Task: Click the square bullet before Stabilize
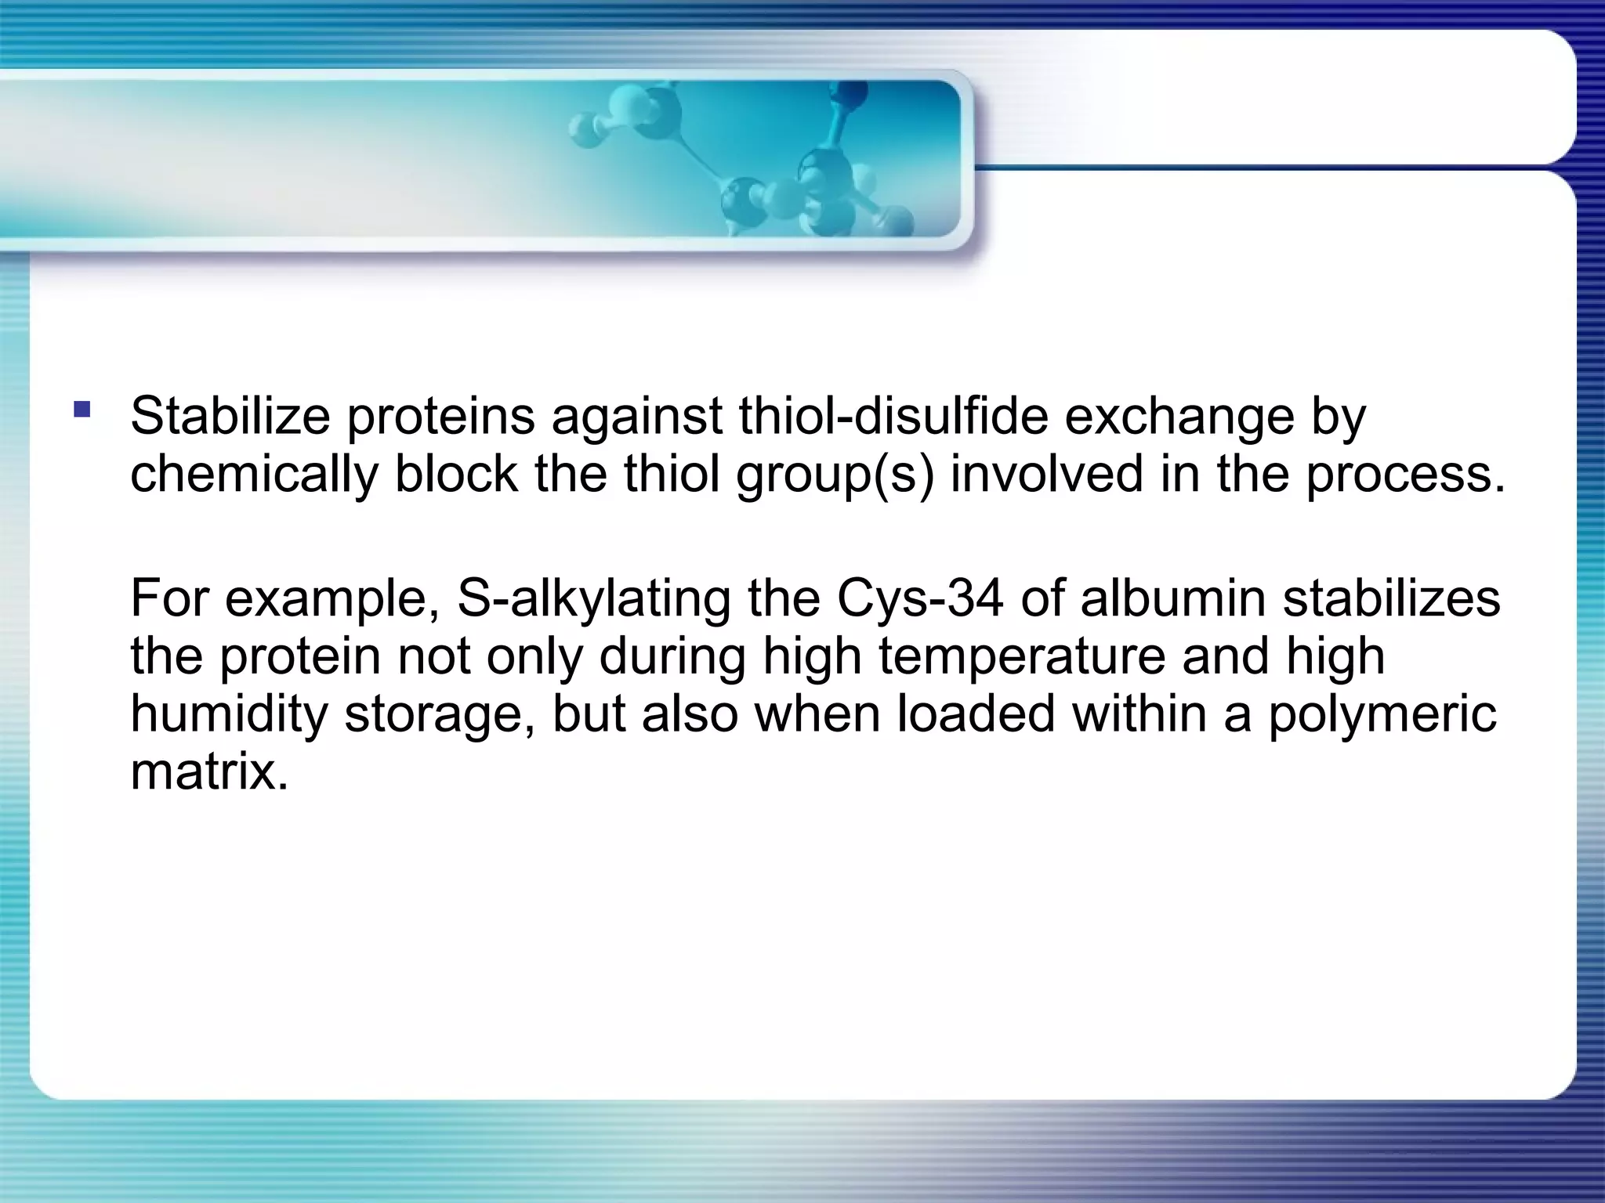coord(82,409)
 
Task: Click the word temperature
coord(1021,656)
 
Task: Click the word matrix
coord(208,772)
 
